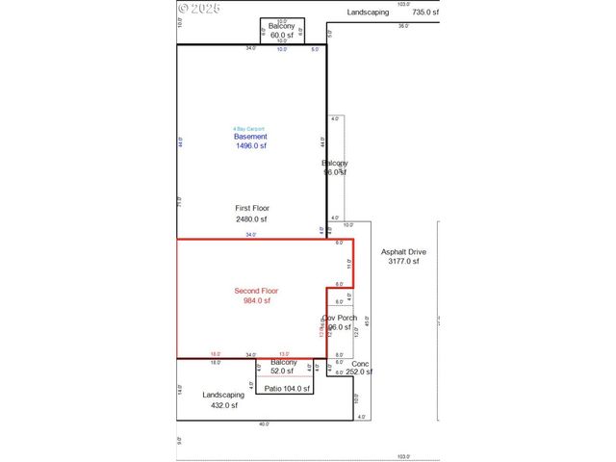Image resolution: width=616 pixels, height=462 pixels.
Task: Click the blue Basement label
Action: click(251, 137)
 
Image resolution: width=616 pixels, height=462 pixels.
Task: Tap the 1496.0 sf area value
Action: click(251, 146)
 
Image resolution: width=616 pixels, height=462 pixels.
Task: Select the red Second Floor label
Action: click(257, 291)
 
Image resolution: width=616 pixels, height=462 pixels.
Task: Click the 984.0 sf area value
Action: click(257, 300)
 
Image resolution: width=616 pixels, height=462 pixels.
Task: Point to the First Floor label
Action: click(252, 208)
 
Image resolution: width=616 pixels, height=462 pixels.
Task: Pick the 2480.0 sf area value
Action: click(252, 218)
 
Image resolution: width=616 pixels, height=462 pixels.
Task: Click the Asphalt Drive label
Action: click(403, 252)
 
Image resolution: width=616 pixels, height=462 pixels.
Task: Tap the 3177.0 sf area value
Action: click(403, 262)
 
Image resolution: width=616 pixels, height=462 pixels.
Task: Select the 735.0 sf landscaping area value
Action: click(425, 13)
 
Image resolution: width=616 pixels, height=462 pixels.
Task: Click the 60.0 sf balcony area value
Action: click(282, 35)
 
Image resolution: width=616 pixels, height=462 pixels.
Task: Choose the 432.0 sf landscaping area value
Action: click(223, 405)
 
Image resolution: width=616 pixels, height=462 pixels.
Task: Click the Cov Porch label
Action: click(339, 318)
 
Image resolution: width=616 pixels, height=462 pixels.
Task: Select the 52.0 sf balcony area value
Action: click(283, 371)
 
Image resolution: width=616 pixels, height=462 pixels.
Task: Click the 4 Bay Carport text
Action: click(248, 129)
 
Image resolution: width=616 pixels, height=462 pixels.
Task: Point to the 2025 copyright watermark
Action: click(200, 9)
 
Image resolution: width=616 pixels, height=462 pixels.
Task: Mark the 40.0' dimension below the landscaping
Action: click(264, 424)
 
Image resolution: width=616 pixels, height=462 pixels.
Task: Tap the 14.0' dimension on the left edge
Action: click(180, 390)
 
